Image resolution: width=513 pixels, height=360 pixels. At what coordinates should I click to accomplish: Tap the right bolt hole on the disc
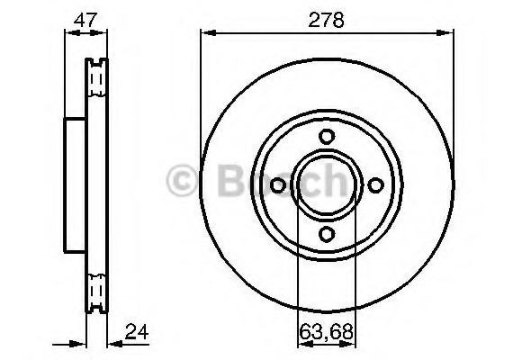(x=375, y=184)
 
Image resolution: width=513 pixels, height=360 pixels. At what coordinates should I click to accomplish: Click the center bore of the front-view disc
(x=326, y=184)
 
